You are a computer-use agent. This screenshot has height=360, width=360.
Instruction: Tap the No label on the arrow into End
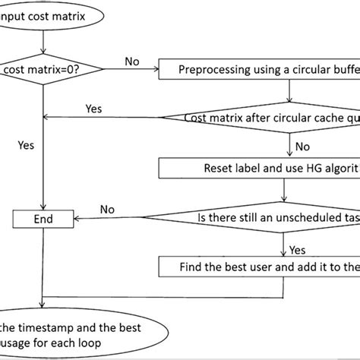pyautogui.click(x=108, y=209)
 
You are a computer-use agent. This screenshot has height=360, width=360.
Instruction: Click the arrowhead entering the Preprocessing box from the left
pyautogui.click(x=155, y=70)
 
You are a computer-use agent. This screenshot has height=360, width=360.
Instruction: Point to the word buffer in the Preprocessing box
pyautogui.click(x=346, y=70)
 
